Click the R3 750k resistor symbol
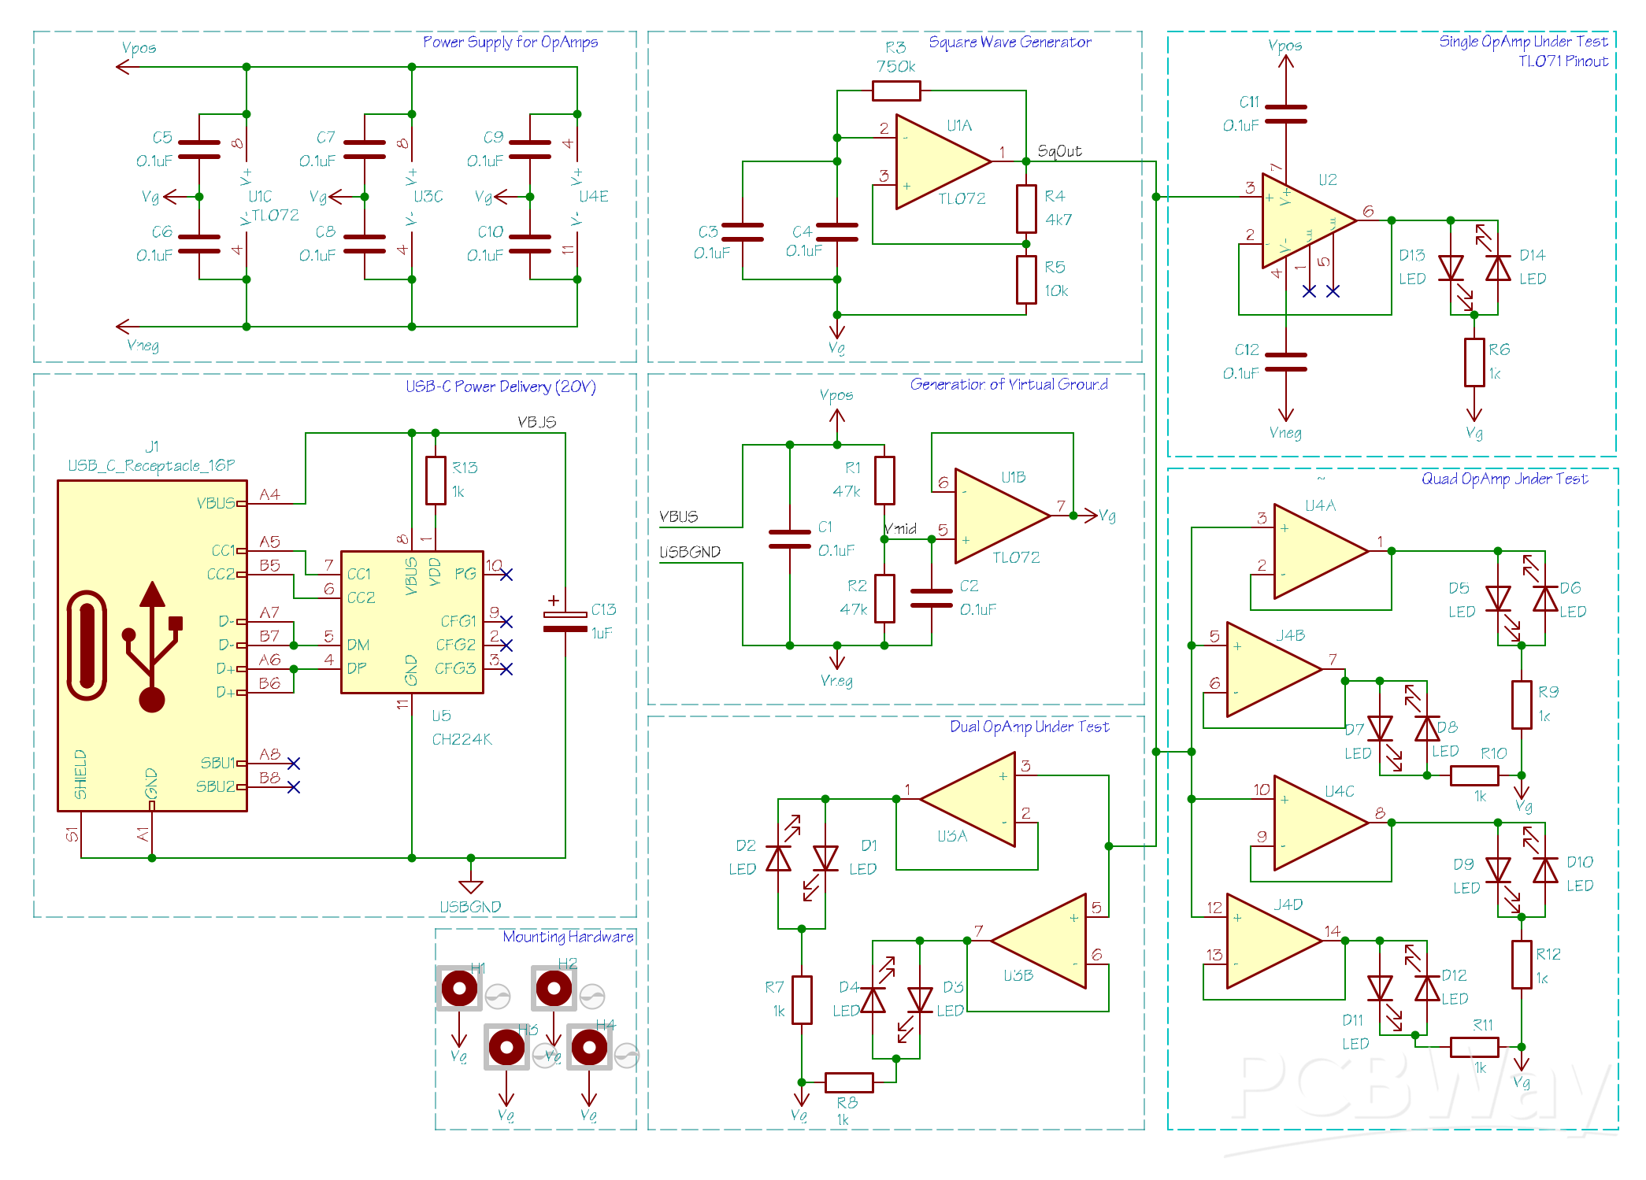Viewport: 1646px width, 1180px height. (x=896, y=91)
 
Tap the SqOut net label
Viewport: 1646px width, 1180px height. (x=1059, y=151)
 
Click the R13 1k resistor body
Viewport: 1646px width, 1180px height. (x=436, y=480)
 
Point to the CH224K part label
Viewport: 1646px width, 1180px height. (x=462, y=739)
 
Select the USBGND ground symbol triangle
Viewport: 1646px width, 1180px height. (x=470, y=886)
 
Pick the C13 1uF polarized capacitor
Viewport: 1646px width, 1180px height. (x=565, y=622)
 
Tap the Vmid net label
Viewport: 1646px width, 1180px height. (x=901, y=529)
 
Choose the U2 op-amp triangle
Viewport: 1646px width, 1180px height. (x=1303, y=221)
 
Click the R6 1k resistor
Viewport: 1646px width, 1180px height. (x=1474, y=362)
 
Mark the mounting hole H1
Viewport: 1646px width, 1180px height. (x=459, y=988)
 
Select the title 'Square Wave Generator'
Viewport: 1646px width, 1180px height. (x=1010, y=42)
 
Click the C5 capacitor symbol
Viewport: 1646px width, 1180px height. (x=199, y=150)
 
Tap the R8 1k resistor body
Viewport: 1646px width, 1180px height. (x=848, y=1082)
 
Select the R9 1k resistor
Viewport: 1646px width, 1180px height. (x=1522, y=705)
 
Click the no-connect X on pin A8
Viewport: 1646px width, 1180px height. (x=294, y=764)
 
